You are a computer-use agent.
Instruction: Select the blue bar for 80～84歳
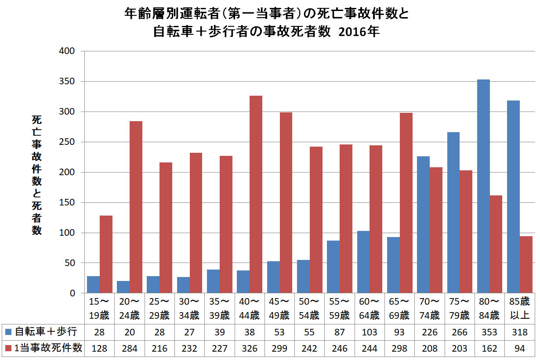tap(483, 186)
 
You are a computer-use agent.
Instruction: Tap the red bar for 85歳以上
tap(526, 265)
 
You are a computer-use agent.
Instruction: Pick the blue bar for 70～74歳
tap(423, 225)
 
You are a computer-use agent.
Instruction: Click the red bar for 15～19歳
tap(106, 254)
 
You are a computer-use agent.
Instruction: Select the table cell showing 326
tap(250, 349)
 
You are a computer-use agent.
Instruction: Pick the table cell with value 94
tap(519, 349)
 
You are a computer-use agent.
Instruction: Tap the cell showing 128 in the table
tap(100, 349)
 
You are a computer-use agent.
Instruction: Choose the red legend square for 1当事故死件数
tap(8, 349)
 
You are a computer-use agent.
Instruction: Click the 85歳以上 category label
tap(519, 308)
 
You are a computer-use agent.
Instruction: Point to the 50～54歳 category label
tap(309, 308)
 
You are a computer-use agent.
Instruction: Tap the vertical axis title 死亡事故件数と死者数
tap(37, 175)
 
